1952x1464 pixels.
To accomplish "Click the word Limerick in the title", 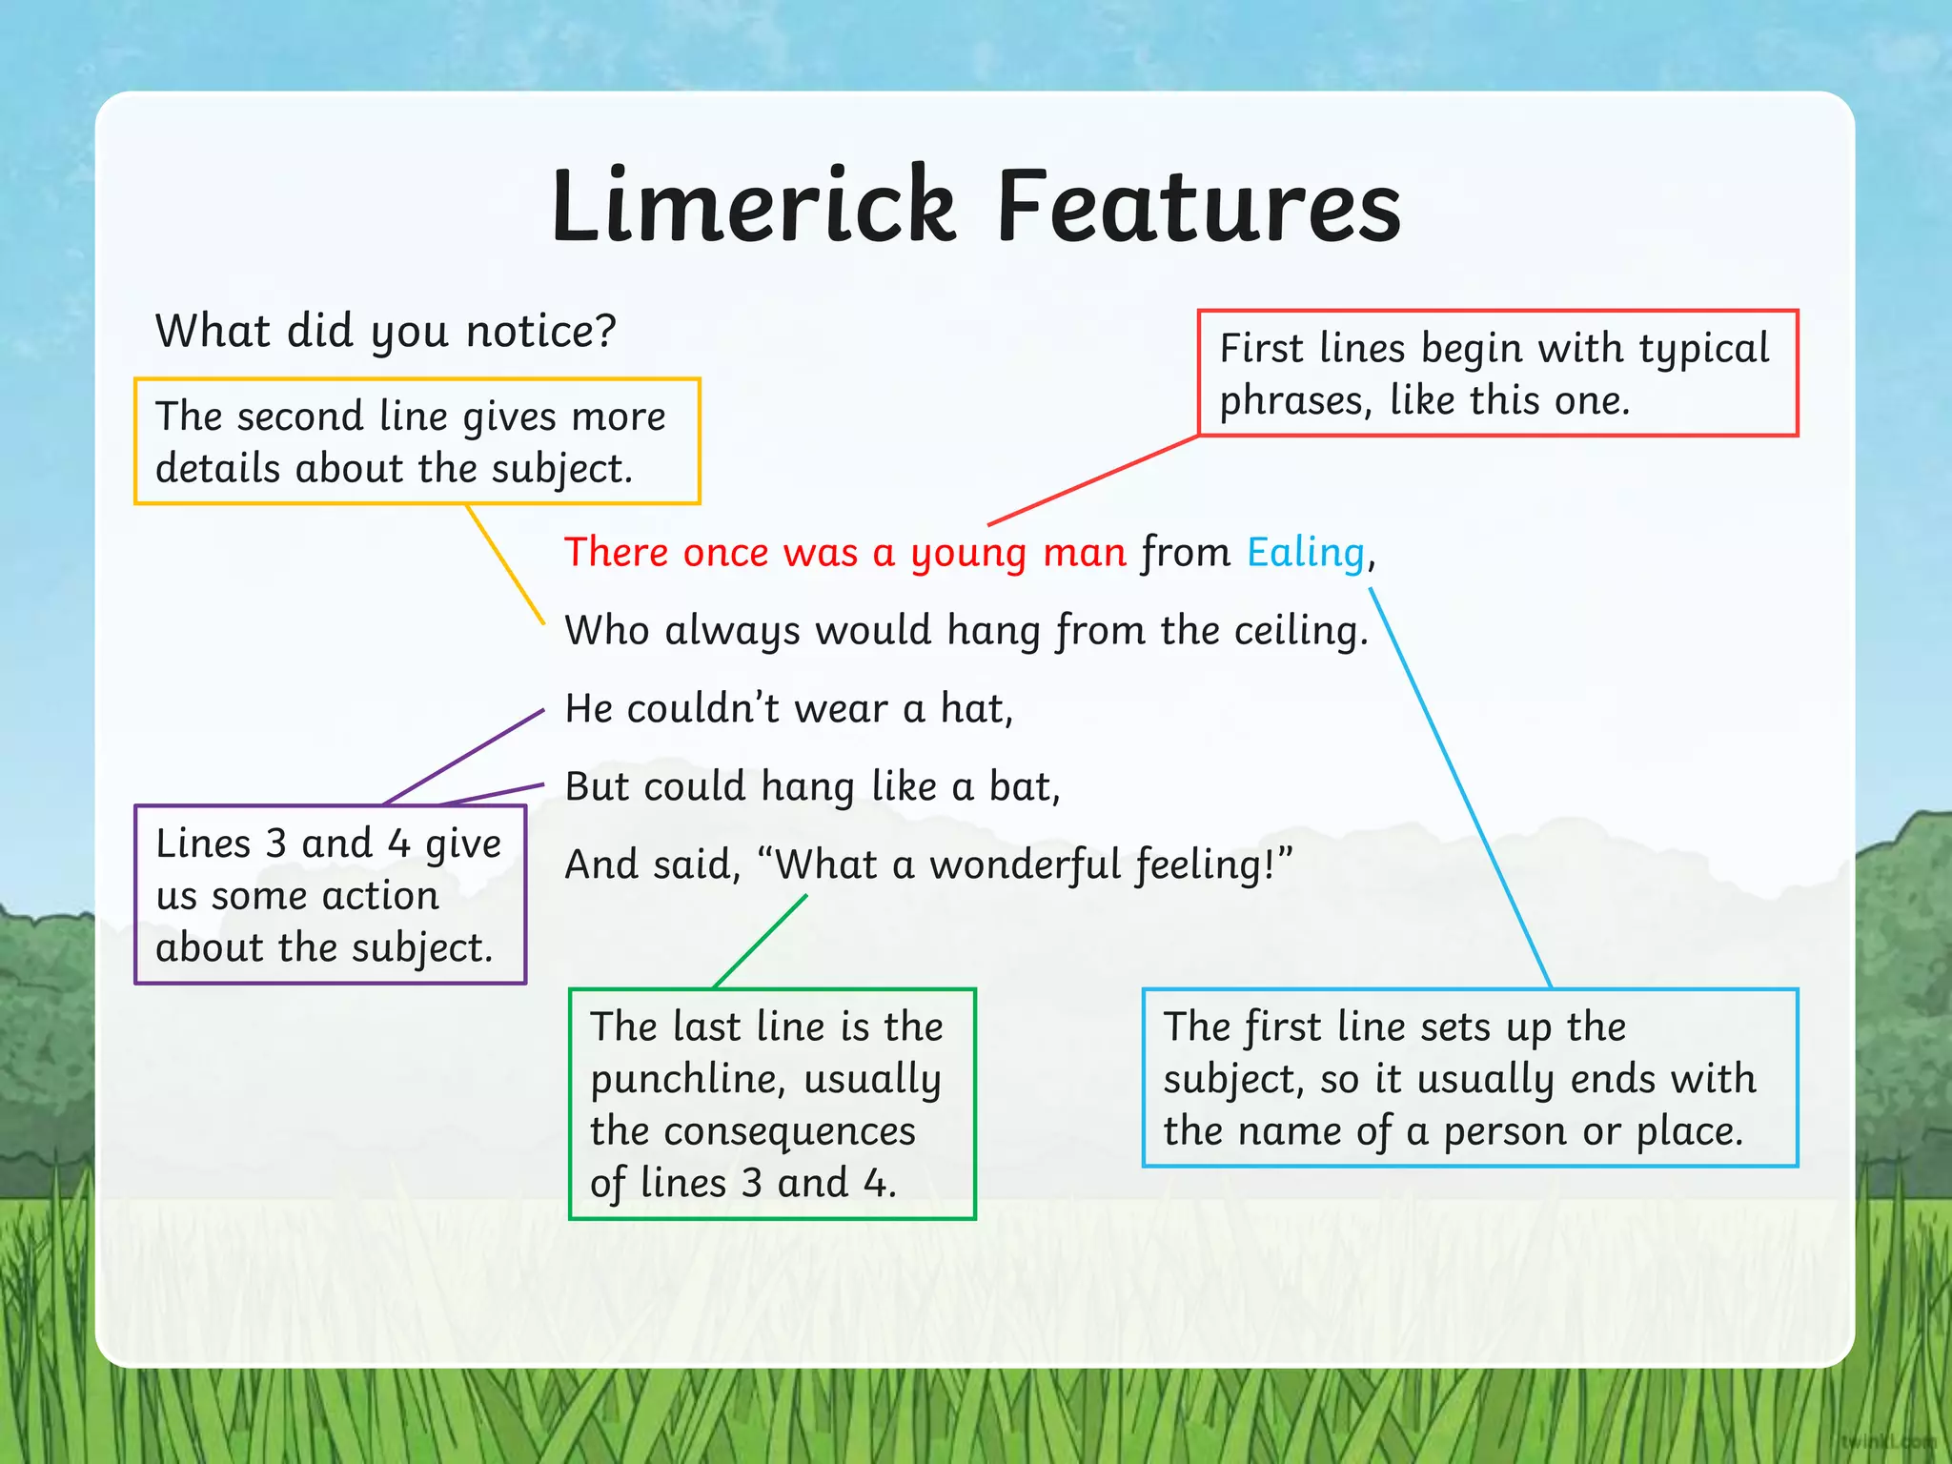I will click(x=753, y=206).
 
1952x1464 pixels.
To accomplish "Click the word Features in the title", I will click(x=1198, y=206).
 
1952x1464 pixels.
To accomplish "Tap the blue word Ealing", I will click(x=1306, y=553).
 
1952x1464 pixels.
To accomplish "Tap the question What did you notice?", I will click(x=386, y=332).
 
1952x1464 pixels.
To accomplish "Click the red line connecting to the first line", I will click(x=1092, y=480).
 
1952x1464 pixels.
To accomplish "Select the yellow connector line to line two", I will click(x=505, y=564).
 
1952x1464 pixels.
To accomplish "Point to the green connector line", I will click(x=761, y=941).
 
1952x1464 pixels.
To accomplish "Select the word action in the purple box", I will click(x=380, y=896).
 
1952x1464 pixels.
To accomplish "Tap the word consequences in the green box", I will click(x=788, y=1132).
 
